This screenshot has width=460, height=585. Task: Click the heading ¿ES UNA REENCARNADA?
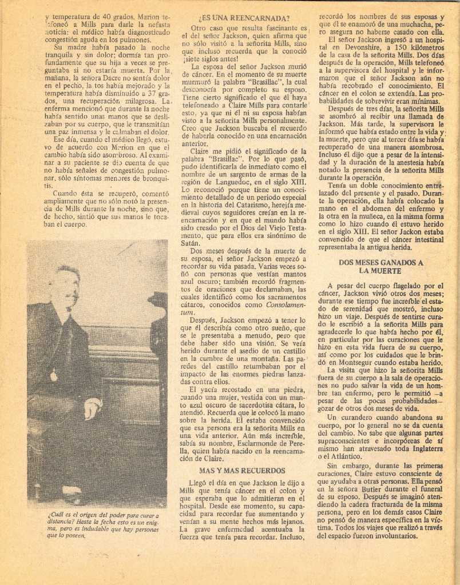point(244,18)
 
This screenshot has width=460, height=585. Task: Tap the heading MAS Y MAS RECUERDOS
point(241,471)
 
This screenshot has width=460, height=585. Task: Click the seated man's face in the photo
point(68,288)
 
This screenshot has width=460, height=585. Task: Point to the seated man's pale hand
point(91,407)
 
